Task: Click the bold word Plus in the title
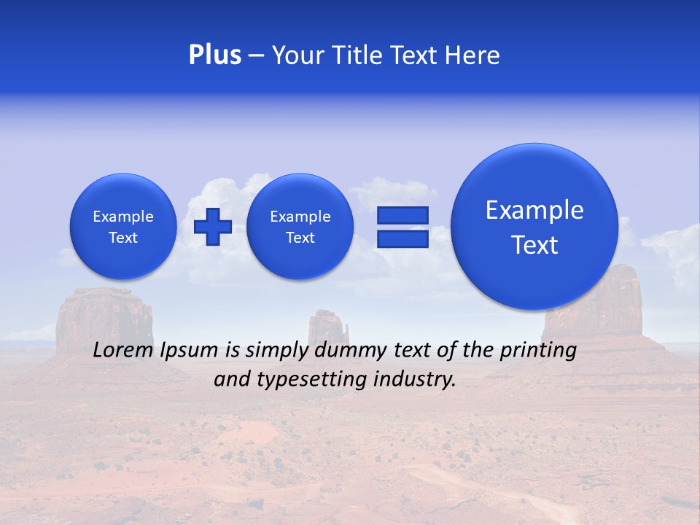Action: click(214, 55)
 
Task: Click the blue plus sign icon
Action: click(212, 227)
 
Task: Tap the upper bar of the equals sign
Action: click(402, 215)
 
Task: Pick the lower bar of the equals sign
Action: click(402, 239)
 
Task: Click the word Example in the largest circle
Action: click(534, 211)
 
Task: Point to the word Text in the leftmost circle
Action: click(123, 238)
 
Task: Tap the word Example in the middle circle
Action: click(300, 217)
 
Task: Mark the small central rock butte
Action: click(327, 325)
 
